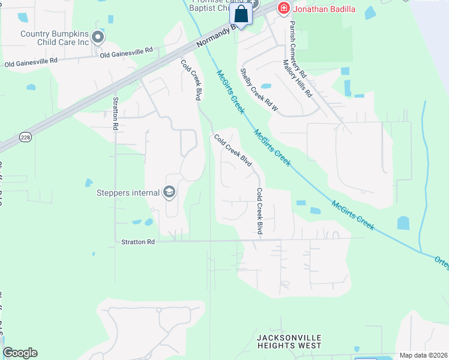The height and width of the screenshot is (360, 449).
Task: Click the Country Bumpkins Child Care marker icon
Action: pyautogui.click(x=98, y=38)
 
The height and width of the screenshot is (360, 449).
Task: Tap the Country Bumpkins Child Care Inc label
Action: pyautogui.click(x=54, y=38)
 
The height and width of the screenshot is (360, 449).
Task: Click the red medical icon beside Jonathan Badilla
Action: pyautogui.click(x=283, y=9)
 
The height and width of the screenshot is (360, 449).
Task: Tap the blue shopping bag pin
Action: pyautogui.click(x=241, y=14)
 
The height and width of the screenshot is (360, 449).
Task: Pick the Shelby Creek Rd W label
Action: pyautogui.click(x=259, y=90)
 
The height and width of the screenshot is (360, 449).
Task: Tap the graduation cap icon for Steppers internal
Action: pyautogui.click(x=169, y=192)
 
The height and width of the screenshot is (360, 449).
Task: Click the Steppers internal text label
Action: pyautogui.click(x=128, y=193)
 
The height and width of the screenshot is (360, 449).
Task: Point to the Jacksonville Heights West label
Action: pyautogui.click(x=289, y=341)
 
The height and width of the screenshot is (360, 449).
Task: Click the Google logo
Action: pyautogui.click(x=20, y=353)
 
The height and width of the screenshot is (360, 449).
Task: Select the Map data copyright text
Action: pyautogui.click(x=423, y=355)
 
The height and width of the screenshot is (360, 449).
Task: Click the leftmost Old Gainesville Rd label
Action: pyautogui.click(x=31, y=61)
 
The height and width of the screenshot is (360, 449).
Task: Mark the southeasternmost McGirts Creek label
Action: pyautogui.click(x=353, y=215)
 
